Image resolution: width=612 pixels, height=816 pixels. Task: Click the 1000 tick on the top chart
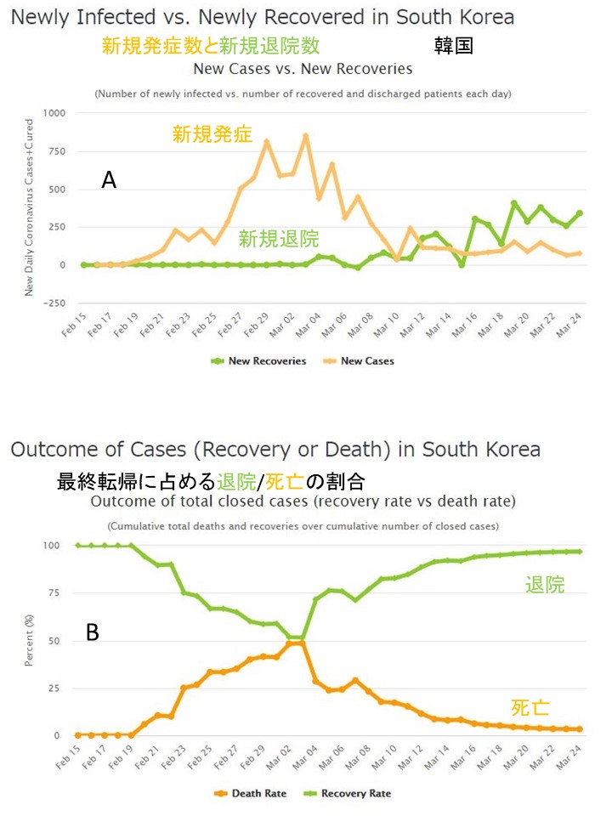click(54, 113)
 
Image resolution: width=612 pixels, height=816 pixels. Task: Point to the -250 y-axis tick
click(54, 303)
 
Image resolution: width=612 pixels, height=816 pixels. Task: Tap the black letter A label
click(108, 179)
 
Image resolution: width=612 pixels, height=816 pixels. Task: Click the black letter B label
click(93, 632)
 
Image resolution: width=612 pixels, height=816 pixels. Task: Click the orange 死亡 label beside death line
click(531, 707)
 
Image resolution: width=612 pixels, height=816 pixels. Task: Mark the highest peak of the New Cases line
click(306, 135)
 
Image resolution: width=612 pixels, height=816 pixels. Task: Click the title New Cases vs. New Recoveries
click(303, 69)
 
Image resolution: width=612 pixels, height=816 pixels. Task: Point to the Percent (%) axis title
click(31, 640)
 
